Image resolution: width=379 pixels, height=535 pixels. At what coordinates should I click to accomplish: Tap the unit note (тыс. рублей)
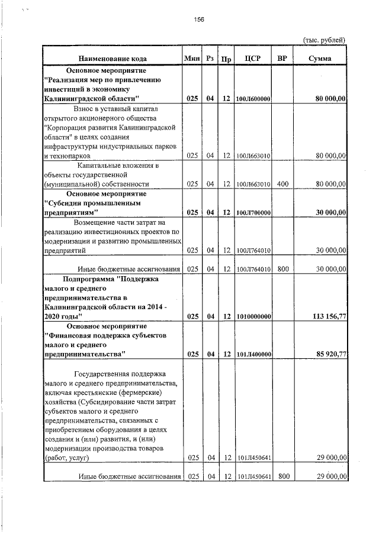coord(324,40)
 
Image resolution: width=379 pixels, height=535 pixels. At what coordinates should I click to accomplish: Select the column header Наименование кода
coord(113,59)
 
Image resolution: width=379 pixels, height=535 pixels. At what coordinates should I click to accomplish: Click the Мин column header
coord(192,58)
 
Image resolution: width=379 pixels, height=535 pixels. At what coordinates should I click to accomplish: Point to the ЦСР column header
coord(253,59)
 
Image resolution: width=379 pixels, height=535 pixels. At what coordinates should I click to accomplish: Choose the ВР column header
coord(282,59)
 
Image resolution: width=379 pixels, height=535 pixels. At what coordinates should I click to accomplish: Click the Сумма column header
coord(320,59)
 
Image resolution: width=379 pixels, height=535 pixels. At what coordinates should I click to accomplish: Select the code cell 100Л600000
coord(253,99)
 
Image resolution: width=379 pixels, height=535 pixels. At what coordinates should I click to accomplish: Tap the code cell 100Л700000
coord(253,213)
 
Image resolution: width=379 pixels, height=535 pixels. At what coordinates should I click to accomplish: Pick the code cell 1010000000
coord(253,317)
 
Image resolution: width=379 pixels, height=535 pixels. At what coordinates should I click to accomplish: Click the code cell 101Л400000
coord(253,355)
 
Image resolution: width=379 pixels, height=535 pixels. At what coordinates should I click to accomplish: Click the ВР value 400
coord(282,184)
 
